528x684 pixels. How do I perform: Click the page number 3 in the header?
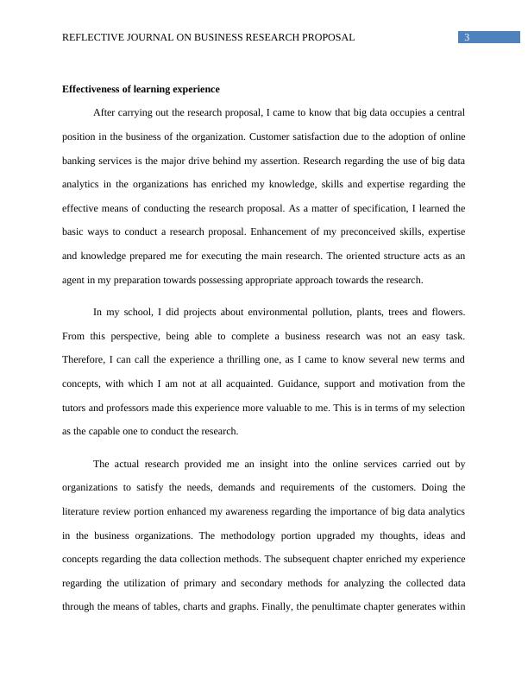[467, 37]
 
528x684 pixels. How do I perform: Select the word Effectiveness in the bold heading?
[92, 89]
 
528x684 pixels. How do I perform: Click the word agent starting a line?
[74, 280]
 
